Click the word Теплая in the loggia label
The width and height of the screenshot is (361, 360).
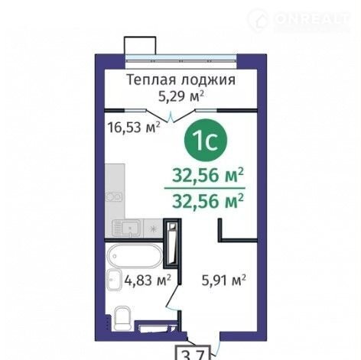(151, 80)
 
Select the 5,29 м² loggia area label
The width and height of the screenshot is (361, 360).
(181, 96)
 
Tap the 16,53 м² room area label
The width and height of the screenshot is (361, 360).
(134, 127)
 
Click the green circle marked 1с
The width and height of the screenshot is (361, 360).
(206, 141)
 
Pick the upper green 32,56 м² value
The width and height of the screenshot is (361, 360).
(208, 175)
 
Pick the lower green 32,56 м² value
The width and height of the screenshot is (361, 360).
(208, 200)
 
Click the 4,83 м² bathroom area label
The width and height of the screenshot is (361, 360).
(148, 281)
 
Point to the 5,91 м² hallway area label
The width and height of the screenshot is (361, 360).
(224, 281)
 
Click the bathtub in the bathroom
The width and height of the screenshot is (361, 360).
(135, 255)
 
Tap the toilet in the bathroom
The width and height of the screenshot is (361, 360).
(123, 318)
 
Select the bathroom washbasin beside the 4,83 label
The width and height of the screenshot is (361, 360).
(114, 280)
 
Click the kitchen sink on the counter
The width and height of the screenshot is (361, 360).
(127, 228)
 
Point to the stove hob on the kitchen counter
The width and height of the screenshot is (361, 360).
(115, 196)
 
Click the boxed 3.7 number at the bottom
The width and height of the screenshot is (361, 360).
(193, 353)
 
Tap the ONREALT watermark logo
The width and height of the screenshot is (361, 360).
(299, 19)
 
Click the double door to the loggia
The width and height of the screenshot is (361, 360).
(172, 115)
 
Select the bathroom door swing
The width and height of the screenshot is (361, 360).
(174, 297)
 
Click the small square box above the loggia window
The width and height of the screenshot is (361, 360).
(140, 46)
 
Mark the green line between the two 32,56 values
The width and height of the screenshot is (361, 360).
(205, 188)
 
